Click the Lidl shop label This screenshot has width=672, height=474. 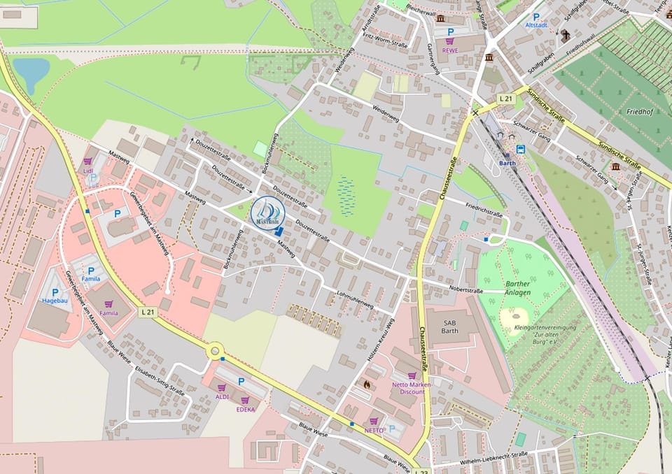[x=88, y=171]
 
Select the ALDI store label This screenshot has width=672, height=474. [x=222, y=397]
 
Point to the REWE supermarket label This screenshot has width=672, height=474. [x=450, y=50]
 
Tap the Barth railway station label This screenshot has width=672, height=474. [x=507, y=163]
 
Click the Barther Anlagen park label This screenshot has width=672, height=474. [x=517, y=288]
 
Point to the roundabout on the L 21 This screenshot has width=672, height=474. [x=213, y=350]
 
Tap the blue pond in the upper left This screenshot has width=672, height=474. [x=31, y=73]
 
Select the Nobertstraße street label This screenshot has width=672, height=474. [x=466, y=289]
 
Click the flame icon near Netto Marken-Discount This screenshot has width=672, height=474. [x=367, y=383]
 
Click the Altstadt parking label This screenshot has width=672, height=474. [x=536, y=24]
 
